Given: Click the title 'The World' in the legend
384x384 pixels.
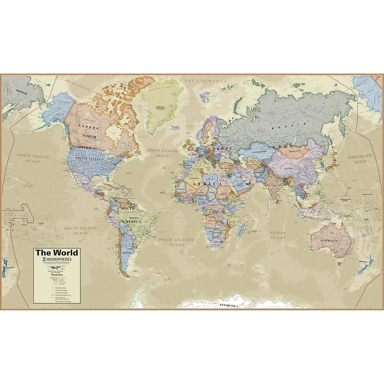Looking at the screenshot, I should coord(56,253).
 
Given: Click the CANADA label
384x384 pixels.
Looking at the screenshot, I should coord(91,128).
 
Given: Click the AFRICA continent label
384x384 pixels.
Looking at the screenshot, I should coord(207,183).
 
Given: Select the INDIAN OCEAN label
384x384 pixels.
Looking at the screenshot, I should coord(277,235).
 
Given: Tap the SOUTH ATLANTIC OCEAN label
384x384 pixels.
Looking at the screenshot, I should coord(177,242).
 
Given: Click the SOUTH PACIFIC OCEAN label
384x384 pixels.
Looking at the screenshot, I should coord(81,230).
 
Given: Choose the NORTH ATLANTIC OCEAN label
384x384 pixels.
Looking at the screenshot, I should coord(163,153).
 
